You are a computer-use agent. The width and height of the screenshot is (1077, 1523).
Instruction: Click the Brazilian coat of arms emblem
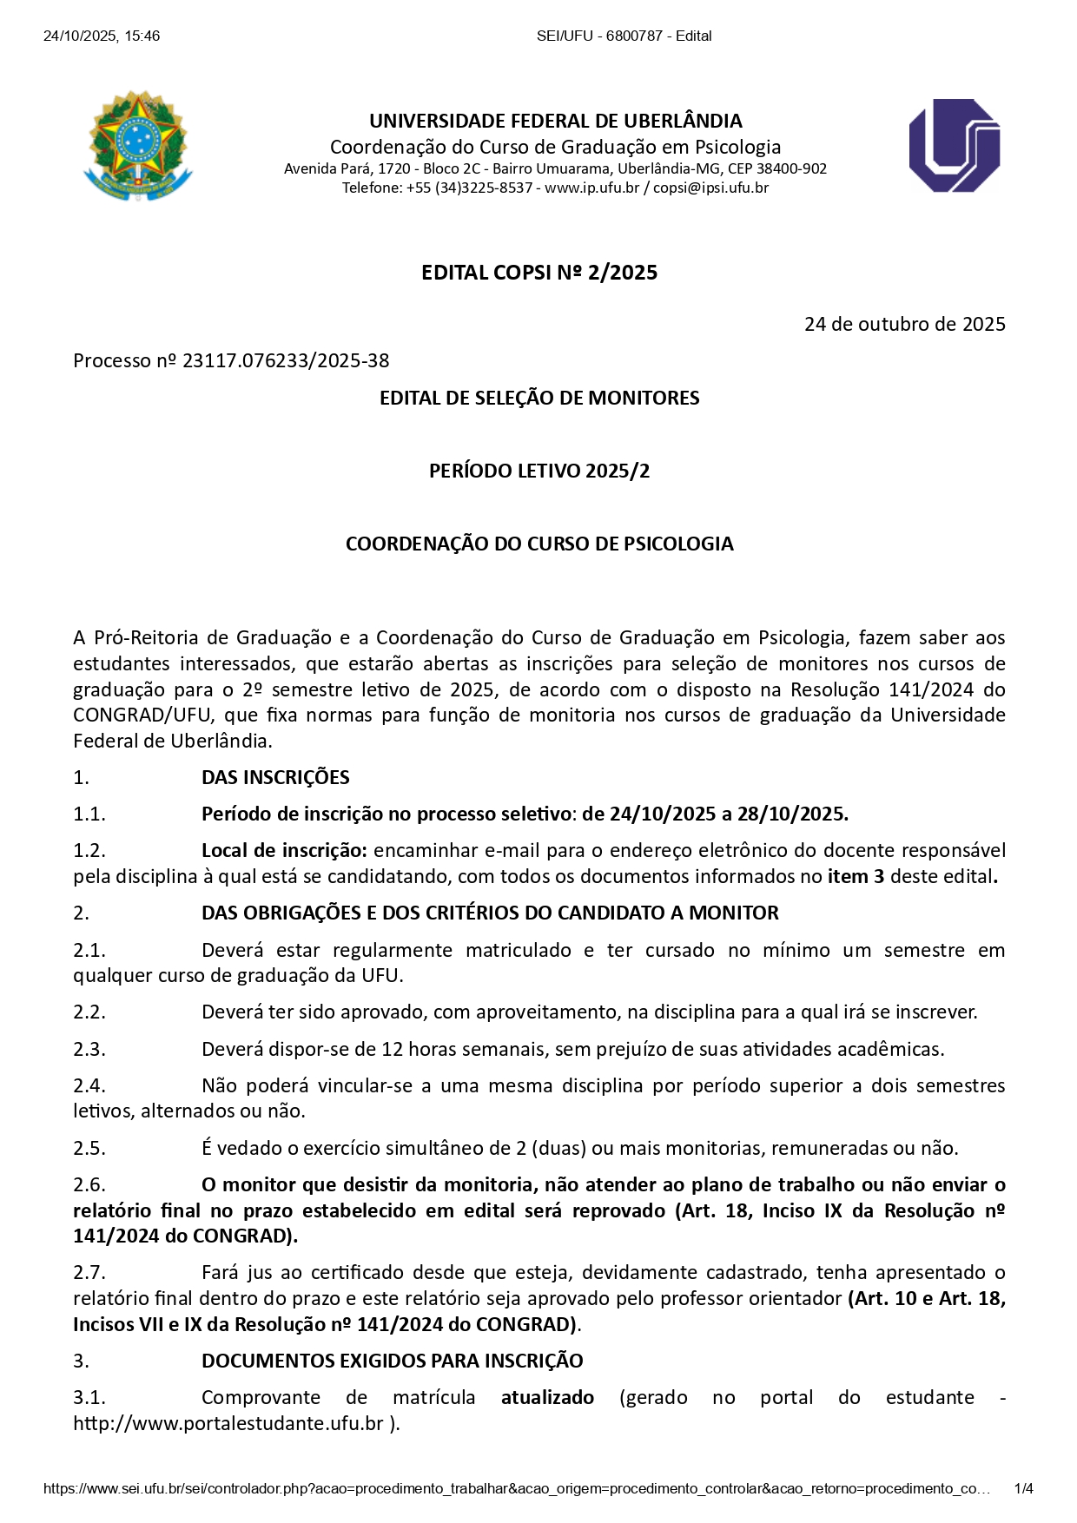tap(137, 145)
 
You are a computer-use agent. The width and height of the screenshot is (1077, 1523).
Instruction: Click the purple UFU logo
tap(954, 145)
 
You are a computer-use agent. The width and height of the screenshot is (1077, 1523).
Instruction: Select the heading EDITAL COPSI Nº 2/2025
tap(538, 273)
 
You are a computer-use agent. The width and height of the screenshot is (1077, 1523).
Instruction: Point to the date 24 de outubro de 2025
tap(904, 324)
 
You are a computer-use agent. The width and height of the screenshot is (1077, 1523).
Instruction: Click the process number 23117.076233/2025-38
tap(286, 360)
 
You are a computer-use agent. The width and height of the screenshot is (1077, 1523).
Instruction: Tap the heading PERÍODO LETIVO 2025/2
tap(538, 471)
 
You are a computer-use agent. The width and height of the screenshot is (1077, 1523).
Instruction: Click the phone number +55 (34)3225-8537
tap(469, 188)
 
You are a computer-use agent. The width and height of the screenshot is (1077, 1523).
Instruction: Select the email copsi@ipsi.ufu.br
tap(710, 188)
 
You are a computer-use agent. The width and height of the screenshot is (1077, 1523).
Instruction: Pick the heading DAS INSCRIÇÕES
tap(275, 777)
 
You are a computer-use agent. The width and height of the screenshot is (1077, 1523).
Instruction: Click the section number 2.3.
tap(89, 1049)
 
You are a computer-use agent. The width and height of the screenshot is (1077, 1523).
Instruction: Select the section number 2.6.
tap(89, 1184)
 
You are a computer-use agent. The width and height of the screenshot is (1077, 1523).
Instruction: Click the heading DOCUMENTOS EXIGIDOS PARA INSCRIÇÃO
tap(392, 1361)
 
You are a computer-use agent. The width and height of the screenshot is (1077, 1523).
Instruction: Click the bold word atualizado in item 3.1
tap(547, 1397)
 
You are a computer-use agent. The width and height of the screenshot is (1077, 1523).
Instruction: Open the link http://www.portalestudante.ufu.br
tap(228, 1423)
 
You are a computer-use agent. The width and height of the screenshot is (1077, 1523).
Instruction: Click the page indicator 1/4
tap(1023, 1488)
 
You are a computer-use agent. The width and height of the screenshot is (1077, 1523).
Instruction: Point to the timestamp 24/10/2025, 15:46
tap(102, 36)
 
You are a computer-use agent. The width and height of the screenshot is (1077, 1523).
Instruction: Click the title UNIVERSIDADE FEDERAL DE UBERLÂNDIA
tap(555, 121)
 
